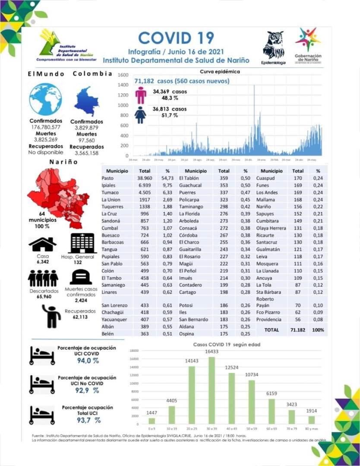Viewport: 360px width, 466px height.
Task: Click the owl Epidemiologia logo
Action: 273,45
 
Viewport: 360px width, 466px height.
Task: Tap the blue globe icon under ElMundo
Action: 45,99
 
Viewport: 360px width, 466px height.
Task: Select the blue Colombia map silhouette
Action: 86,101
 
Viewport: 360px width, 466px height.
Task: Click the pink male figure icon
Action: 141,95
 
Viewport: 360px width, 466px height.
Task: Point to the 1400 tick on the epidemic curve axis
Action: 123,85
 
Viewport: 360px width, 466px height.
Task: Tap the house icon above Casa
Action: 42,244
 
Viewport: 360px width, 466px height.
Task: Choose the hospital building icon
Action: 83,243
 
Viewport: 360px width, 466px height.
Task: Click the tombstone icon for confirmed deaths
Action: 81,277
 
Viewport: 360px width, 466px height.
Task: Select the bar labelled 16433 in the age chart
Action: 211,390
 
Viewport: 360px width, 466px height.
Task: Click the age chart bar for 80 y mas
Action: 311,419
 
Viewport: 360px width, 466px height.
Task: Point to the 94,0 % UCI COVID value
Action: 88,361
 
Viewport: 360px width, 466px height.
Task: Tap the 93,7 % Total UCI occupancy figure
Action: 88,420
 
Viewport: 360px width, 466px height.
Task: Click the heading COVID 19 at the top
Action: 176,38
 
